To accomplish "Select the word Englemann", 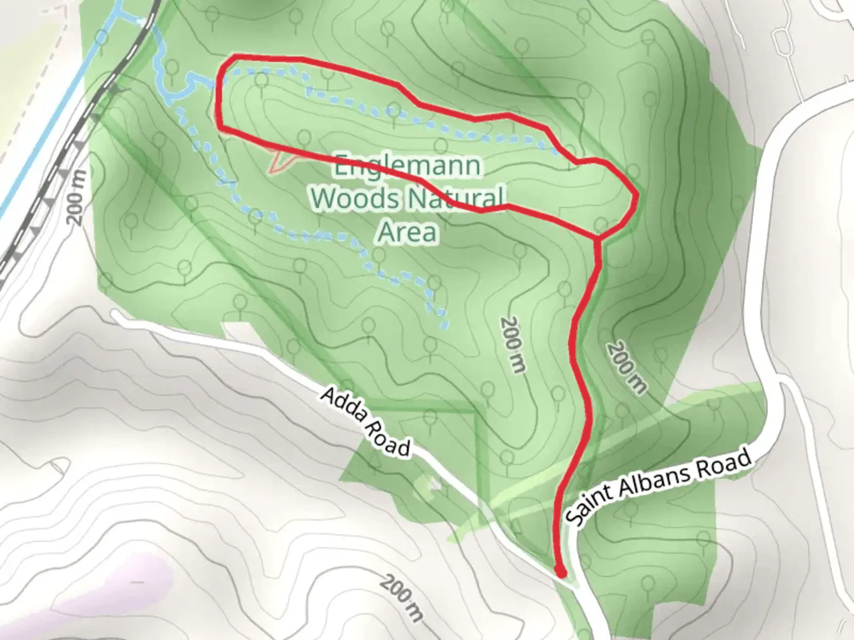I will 407,166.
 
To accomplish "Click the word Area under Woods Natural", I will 407,232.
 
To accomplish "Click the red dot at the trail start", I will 559,571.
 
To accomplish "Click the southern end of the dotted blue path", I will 444,326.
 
